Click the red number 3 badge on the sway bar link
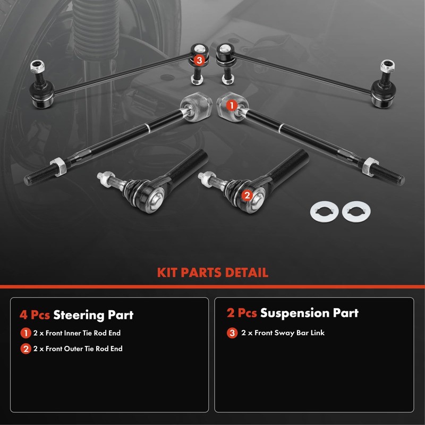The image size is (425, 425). pyautogui.click(x=199, y=61)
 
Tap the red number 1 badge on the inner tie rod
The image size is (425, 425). pyautogui.click(x=232, y=105)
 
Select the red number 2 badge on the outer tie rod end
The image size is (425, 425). pyautogui.click(x=246, y=195)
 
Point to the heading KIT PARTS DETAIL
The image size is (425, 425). pyautogui.click(x=212, y=273)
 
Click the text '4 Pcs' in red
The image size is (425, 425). pyautogui.click(x=35, y=314)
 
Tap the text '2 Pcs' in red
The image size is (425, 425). pyautogui.click(x=242, y=313)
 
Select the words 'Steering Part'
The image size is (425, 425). pyautogui.click(x=93, y=314)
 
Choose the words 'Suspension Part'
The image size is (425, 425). pyautogui.click(x=309, y=313)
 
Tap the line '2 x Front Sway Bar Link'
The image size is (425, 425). pyautogui.click(x=283, y=333)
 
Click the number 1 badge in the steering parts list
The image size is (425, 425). pyautogui.click(x=25, y=334)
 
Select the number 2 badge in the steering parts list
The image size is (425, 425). pyautogui.click(x=25, y=349)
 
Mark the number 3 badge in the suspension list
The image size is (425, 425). pyautogui.click(x=232, y=333)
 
